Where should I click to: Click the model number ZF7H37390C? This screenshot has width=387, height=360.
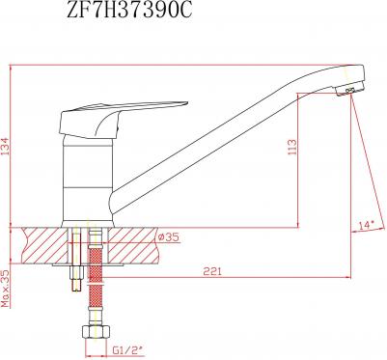pos(129,11)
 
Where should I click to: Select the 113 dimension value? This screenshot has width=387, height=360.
pos(292,147)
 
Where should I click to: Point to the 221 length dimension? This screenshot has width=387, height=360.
pos(212,271)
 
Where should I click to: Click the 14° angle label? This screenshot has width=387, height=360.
pos(366,225)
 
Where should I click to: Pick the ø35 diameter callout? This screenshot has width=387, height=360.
pos(169,237)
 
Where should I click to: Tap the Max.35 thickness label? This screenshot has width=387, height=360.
pos(6,289)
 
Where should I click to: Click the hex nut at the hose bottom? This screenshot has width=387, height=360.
pos(97,331)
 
